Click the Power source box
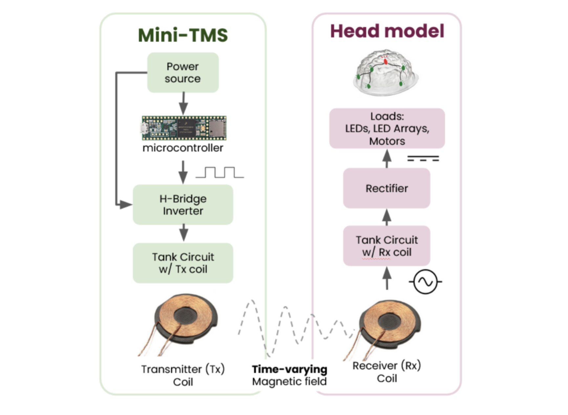[183, 73]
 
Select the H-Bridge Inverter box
[183, 205]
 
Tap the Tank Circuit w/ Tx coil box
[183, 263]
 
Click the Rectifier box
[386, 188]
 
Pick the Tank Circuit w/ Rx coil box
[386, 246]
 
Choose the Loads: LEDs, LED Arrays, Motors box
[387, 128]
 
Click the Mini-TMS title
[183, 35]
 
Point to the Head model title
[387, 31]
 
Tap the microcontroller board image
[184, 128]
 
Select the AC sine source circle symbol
[425, 282]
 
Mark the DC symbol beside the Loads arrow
[423, 159]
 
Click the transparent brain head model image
[385, 73]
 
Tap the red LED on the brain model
[385, 61]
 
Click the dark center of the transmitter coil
[185, 316]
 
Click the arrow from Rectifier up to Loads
[387, 158]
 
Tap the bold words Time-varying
[289, 369]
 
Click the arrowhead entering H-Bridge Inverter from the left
[126, 205]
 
